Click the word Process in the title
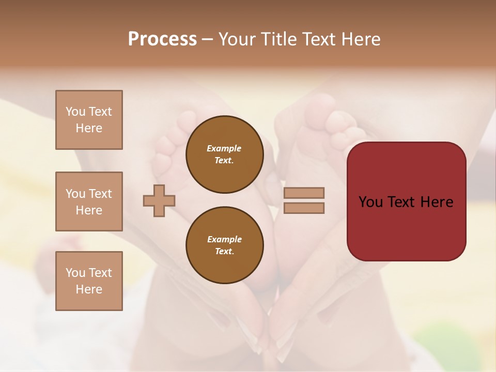[x=162, y=39]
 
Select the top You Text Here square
[x=89, y=120]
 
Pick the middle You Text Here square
[x=89, y=202]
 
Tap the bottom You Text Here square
[x=89, y=281]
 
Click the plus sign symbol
[x=159, y=200]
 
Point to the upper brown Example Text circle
[x=224, y=154]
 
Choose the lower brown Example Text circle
[x=224, y=245]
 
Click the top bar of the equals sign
[x=304, y=193]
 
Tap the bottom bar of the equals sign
[x=304, y=208]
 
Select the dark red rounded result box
[x=406, y=201]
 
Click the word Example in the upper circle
[x=224, y=149]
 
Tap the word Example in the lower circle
[x=224, y=240]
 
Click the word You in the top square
[x=75, y=112]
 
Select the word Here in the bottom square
[x=89, y=289]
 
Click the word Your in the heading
[x=238, y=39]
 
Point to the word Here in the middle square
[x=89, y=210]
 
